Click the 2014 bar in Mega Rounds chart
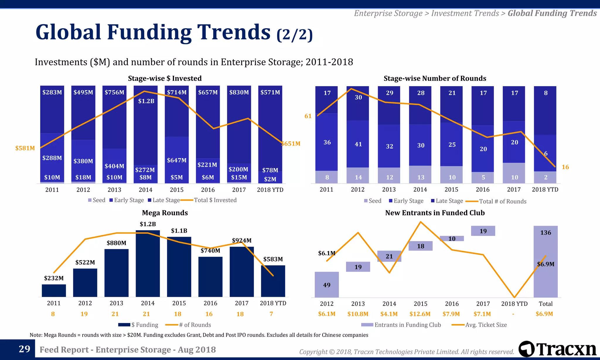tap(148, 264)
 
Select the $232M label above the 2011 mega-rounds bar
tap(54, 278)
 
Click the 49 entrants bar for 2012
tap(327, 285)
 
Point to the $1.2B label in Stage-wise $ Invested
tap(146, 101)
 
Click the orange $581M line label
tap(25, 148)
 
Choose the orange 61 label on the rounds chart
tap(308, 116)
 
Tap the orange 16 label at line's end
tap(565, 167)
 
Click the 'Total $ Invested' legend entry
tap(215, 200)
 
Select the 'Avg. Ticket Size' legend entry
tap(486, 325)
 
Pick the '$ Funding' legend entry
tap(144, 325)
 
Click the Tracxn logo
tap(557, 349)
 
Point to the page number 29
tap(25, 349)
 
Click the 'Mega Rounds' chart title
tap(165, 213)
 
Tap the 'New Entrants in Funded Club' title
tap(435, 213)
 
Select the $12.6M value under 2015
tap(420, 314)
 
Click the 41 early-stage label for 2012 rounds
tap(358, 144)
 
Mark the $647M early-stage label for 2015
tap(177, 160)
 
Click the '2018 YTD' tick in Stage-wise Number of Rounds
tap(545, 190)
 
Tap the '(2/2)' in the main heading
tap(295, 35)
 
